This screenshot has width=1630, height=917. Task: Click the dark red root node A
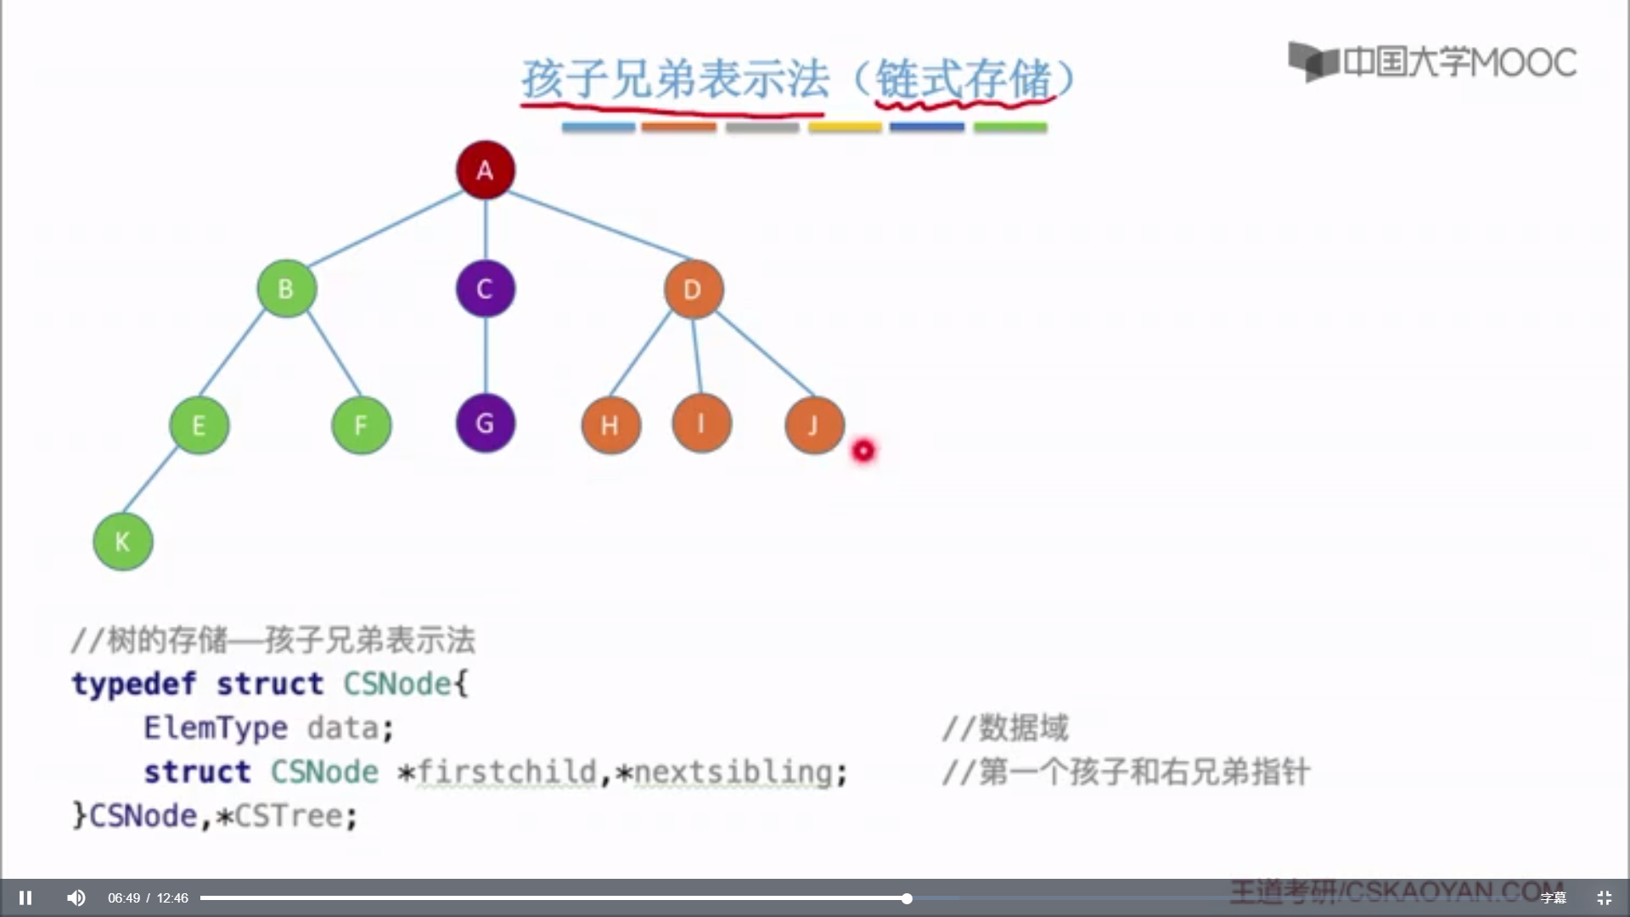click(x=485, y=170)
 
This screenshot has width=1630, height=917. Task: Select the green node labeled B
click(x=286, y=289)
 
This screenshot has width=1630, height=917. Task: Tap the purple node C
click(x=485, y=289)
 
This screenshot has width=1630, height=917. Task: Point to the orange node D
click(x=693, y=290)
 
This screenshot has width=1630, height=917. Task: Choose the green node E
click(x=199, y=425)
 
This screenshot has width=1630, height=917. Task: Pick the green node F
click(x=361, y=425)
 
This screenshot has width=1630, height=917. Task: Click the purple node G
click(x=485, y=423)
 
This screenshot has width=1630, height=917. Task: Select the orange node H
click(x=610, y=425)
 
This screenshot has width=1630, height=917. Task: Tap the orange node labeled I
click(x=701, y=423)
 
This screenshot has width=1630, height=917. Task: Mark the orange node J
click(x=813, y=425)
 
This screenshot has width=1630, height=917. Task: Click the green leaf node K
click(x=122, y=541)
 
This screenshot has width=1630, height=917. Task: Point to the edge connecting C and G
click(x=485, y=355)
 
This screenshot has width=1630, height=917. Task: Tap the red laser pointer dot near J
click(x=863, y=451)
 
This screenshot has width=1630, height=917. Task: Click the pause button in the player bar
click(x=25, y=897)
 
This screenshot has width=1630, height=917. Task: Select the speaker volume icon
click(x=76, y=897)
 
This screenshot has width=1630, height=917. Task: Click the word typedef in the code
click(x=133, y=684)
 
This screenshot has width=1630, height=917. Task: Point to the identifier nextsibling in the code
click(x=733, y=772)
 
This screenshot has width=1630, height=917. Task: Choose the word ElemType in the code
click(x=216, y=728)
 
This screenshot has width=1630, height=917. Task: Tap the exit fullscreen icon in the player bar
click(x=1604, y=897)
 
